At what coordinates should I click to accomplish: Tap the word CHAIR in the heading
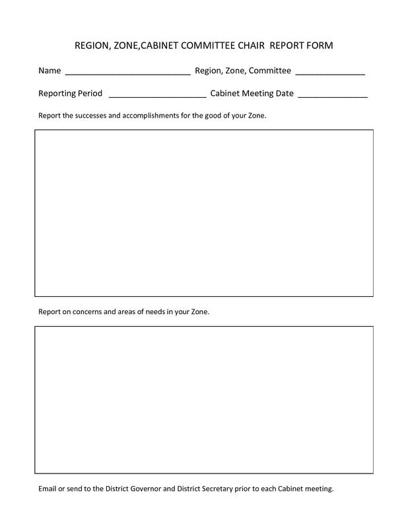click(x=246, y=46)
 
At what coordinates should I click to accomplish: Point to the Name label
click(x=50, y=71)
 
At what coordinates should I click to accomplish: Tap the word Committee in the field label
click(x=270, y=71)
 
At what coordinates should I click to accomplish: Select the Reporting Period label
click(x=71, y=93)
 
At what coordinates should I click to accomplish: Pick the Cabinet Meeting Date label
click(x=252, y=93)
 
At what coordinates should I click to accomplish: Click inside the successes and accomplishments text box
click(x=203, y=213)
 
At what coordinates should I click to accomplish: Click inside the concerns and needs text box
click(x=203, y=399)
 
